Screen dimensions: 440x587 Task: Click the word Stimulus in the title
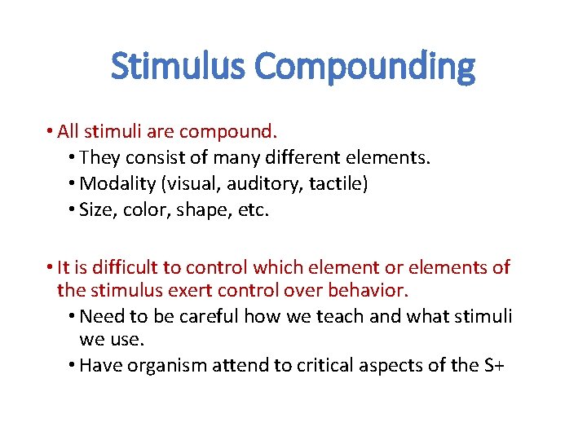click(x=179, y=66)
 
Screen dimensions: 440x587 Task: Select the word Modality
click(x=113, y=184)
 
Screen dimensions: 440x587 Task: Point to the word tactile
click(x=338, y=184)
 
